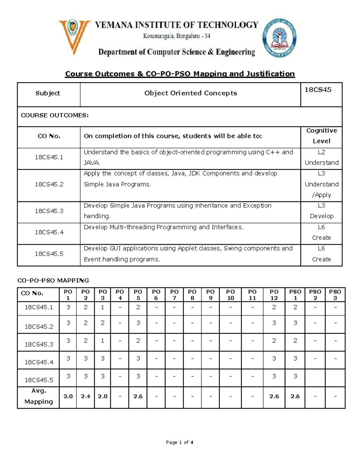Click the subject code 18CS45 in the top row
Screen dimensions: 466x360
point(318,90)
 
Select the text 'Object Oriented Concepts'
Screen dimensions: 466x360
point(190,93)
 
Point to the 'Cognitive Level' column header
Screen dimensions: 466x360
point(321,136)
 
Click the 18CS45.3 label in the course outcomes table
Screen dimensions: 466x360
point(49,211)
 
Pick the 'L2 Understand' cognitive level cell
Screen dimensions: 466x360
point(321,158)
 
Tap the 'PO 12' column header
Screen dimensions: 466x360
point(274,295)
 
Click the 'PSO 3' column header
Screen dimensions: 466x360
point(335,295)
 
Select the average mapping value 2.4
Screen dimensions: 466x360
point(85,396)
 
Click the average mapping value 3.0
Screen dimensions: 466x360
point(68,396)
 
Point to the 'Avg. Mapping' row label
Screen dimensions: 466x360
point(38,396)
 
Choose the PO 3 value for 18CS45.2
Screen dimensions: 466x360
point(103,323)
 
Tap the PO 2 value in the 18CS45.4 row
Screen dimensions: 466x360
point(85,358)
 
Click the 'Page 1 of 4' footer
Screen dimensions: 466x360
point(179,442)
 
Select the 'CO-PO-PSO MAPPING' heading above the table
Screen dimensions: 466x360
point(53,281)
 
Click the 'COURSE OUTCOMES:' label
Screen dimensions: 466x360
point(55,116)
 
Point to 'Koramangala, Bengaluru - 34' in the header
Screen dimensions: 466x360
point(176,36)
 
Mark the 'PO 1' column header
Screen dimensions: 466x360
point(68,295)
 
